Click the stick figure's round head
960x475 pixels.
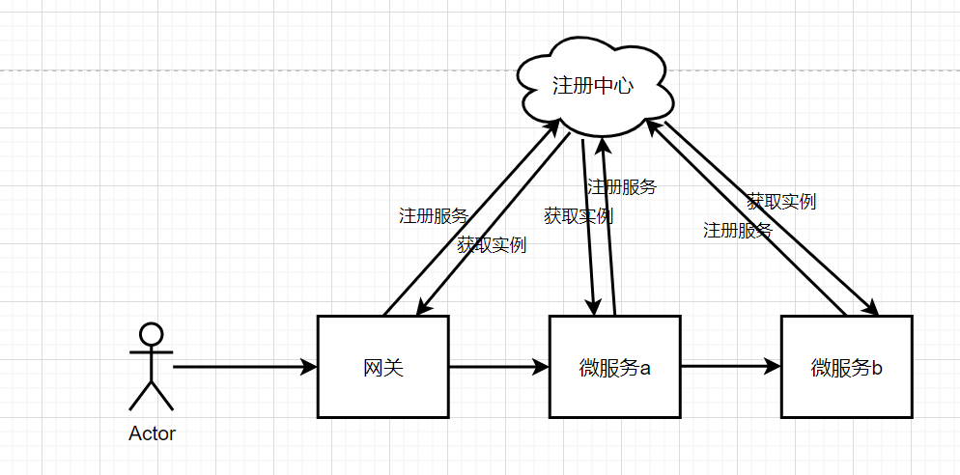click(x=151, y=334)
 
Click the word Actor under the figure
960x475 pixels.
click(x=153, y=433)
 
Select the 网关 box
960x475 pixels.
click(x=383, y=367)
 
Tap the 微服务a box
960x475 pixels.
click(x=615, y=367)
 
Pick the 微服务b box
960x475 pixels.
click(x=847, y=367)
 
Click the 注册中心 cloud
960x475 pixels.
click(x=593, y=86)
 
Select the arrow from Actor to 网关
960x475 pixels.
click(x=241, y=367)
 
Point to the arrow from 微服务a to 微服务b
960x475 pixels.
click(x=729, y=367)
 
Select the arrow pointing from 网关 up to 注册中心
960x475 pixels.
click(x=454, y=232)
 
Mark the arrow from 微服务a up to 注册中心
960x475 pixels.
click(x=608, y=232)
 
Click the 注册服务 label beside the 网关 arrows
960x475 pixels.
click(x=433, y=216)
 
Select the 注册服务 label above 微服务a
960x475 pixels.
click(x=621, y=187)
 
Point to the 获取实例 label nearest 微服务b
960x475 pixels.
click(x=780, y=202)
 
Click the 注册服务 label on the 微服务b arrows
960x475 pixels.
click(x=737, y=231)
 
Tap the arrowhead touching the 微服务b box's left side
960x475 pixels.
click(x=773, y=367)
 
